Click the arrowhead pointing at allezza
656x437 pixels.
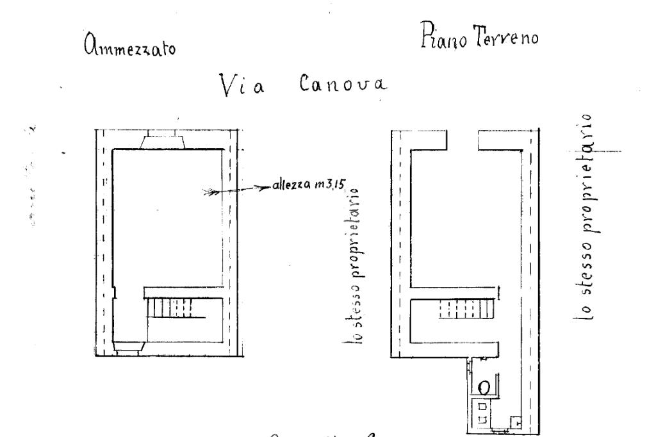tap(262, 187)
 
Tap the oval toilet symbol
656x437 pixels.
tap(486, 387)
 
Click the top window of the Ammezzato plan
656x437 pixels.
tap(164, 139)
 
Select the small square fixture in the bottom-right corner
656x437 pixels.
tap(517, 422)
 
